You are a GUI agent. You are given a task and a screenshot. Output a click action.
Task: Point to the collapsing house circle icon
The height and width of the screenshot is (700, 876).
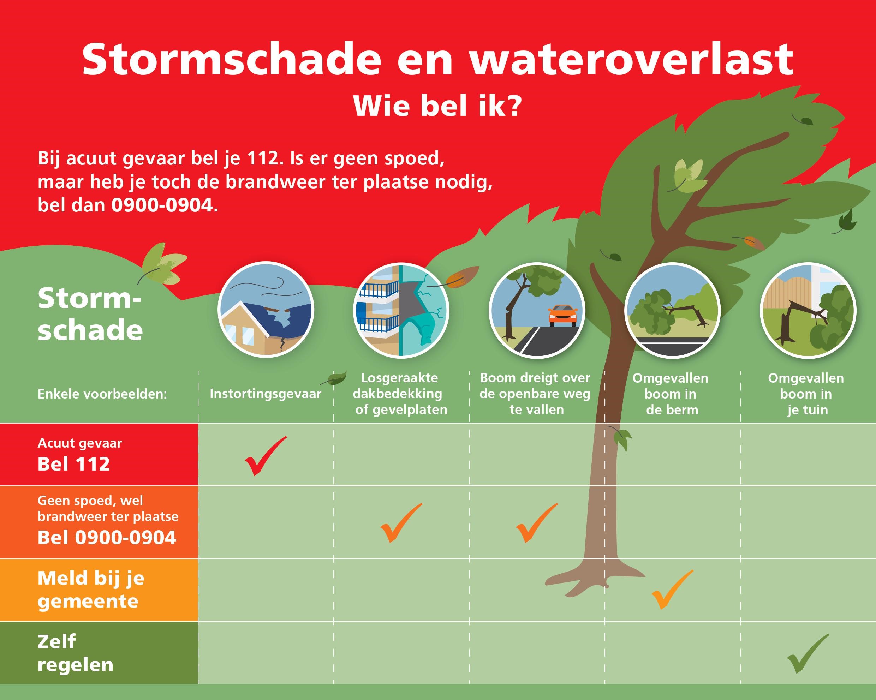coord(266,310)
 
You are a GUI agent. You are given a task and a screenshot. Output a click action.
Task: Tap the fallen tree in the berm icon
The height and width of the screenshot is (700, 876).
coord(672,310)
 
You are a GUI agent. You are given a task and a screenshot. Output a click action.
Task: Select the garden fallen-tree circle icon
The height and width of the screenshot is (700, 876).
coord(808,310)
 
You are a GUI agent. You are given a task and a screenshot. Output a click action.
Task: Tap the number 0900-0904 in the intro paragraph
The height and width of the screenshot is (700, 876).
coord(162,205)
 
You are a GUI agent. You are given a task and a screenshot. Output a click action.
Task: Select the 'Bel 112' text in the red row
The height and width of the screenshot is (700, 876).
coord(73,464)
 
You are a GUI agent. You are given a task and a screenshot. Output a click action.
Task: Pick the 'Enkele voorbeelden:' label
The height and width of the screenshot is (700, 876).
coord(102,394)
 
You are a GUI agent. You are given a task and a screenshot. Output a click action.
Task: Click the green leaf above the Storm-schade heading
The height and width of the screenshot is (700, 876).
coord(162,263)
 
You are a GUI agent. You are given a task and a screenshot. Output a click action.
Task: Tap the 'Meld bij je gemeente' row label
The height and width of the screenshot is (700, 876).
coord(91,590)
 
